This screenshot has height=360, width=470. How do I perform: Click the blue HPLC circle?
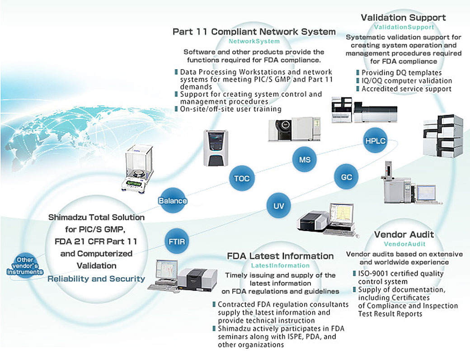pyautogui.click(x=375, y=141)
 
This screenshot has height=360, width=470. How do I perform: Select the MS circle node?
pyautogui.click(x=304, y=160)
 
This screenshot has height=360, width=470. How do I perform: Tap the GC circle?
pyautogui.click(x=346, y=177)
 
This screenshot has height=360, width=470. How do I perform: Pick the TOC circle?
pyautogui.click(x=242, y=178)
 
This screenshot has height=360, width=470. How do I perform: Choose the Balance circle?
pyautogui.click(x=173, y=200)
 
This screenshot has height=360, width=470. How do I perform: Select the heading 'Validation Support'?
pyautogui.click(x=403, y=18)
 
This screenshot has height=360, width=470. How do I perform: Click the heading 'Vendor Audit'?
pyautogui.click(x=404, y=234)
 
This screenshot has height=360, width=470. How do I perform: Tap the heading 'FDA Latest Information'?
pyautogui.click(x=280, y=256)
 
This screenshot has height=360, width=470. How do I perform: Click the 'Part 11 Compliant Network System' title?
pyautogui.click(x=254, y=32)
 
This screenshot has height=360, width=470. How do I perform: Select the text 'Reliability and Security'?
pyautogui.click(x=96, y=279)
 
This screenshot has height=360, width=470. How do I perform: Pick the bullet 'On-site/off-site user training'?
pyautogui.click(x=230, y=109)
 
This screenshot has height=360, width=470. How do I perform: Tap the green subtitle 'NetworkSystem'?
pyautogui.click(x=254, y=41)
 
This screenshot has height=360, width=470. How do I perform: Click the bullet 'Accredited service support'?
pyautogui.click(x=406, y=89)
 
